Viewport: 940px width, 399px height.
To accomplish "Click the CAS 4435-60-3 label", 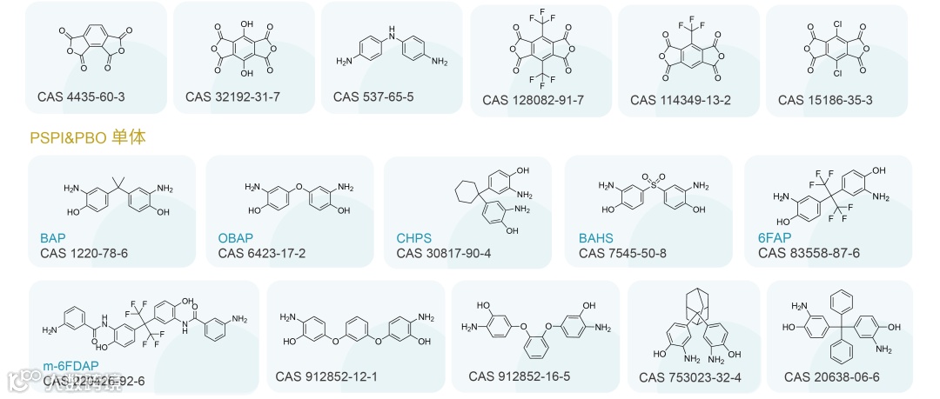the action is pyautogui.click(x=81, y=96).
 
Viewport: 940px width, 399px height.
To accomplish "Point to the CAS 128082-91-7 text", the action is pyautogui.click(x=533, y=101).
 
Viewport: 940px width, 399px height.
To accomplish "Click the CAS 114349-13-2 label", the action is pyautogui.click(x=681, y=100).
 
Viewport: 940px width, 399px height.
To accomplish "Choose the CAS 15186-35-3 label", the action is pyautogui.click(x=825, y=100).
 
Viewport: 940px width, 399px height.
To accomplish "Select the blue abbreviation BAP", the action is pyautogui.click(x=53, y=238).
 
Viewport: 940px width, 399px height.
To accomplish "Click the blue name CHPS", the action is pyautogui.click(x=413, y=238).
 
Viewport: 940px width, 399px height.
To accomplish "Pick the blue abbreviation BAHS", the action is pyautogui.click(x=596, y=238).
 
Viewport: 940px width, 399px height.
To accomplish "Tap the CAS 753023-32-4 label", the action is pyautogui.click(x=690, y=377).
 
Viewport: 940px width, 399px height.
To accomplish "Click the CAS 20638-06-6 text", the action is pyautogui.click(x=831, y=376).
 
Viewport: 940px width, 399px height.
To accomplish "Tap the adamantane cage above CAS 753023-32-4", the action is pyautogui.click(x=694, y=306).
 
